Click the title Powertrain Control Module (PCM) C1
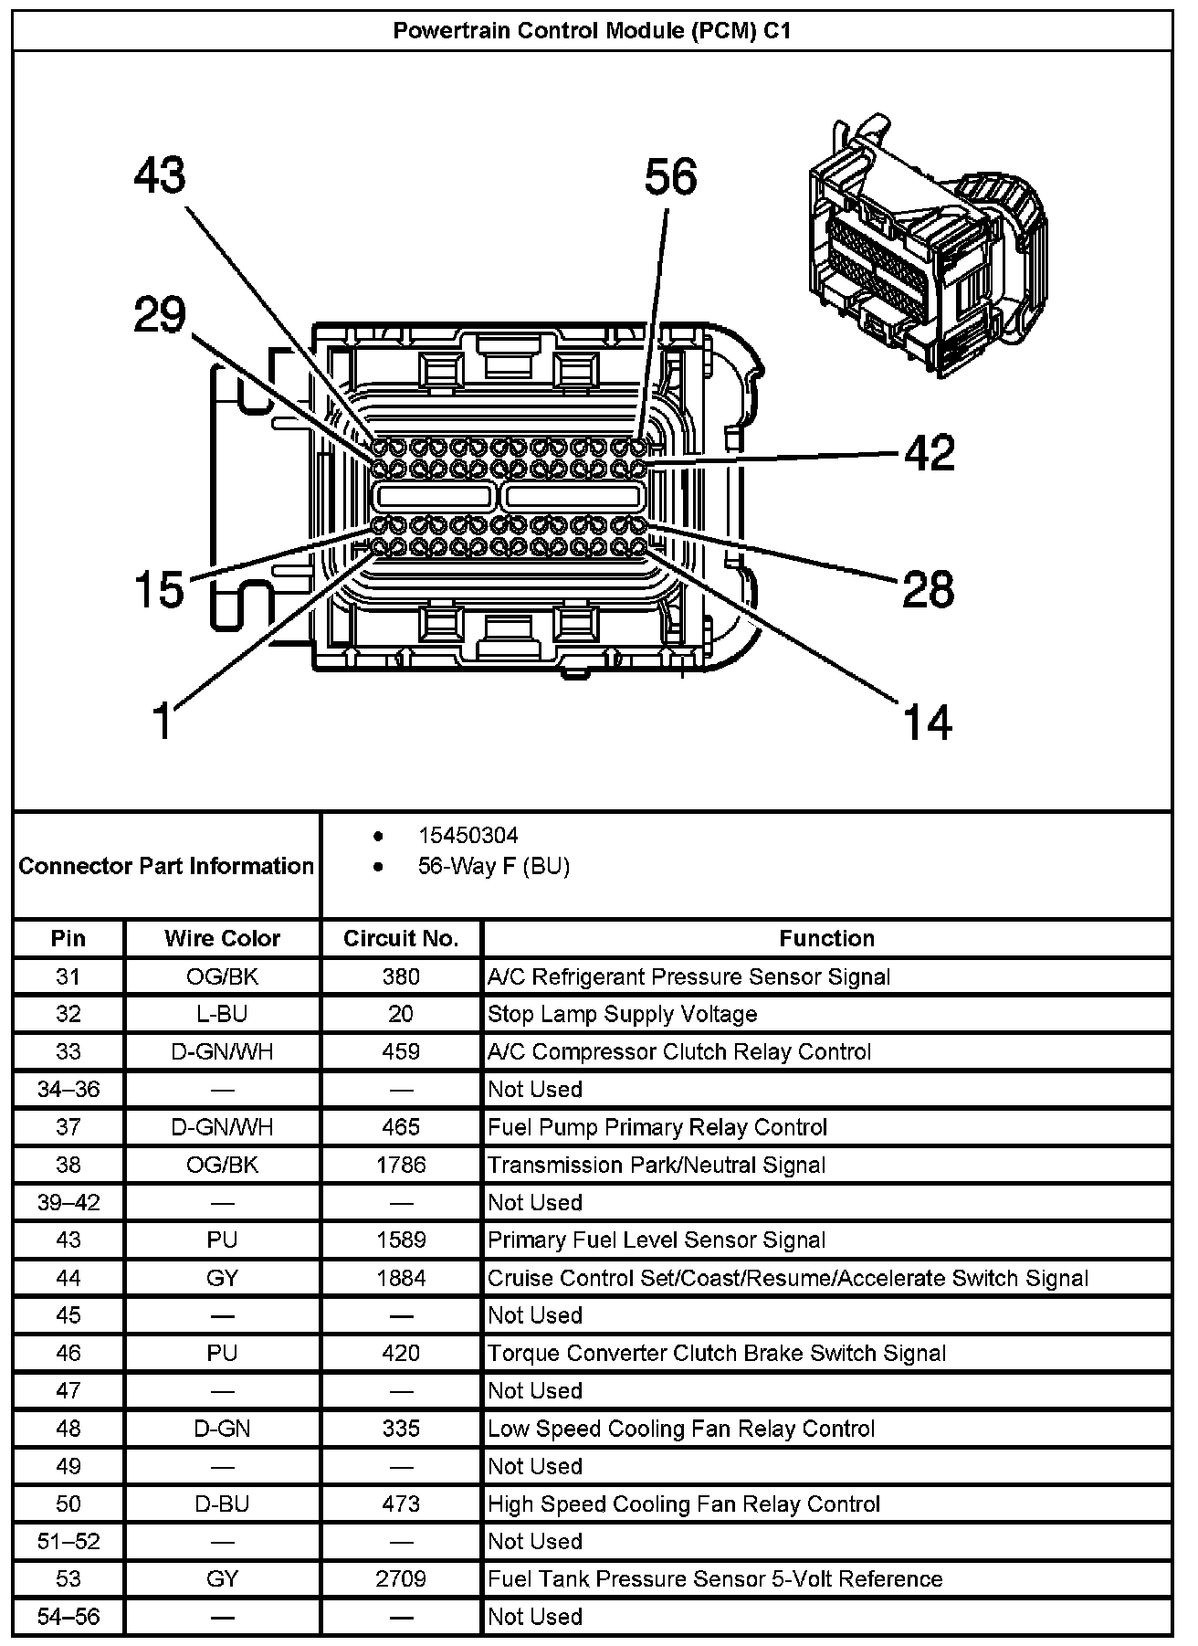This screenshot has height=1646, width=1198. (592, 30)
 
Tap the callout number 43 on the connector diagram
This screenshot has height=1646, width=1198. (160, 175)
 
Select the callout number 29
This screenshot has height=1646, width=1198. (160, 315)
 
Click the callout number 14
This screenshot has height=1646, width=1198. (928, 721)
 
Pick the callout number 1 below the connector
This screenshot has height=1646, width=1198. (162, 721)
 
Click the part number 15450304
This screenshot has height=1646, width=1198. (468, 835)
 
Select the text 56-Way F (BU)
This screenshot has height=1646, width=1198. (493, 866)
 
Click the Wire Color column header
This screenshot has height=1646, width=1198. (222, 938)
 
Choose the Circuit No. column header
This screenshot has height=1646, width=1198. (401, 938)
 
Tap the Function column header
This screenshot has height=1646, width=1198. (826, 938)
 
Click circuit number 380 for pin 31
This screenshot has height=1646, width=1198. (401, 976)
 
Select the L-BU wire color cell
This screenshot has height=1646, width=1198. (222, 1014)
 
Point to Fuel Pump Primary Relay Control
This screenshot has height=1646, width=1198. (657, 1127)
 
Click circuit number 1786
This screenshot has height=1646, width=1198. (401, 1165)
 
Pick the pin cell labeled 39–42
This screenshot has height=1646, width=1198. (68, 1202)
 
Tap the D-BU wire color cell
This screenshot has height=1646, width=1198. (222, 1504)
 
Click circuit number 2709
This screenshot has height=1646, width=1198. (401, 1578)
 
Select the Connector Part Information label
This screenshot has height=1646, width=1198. (166, 866)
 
